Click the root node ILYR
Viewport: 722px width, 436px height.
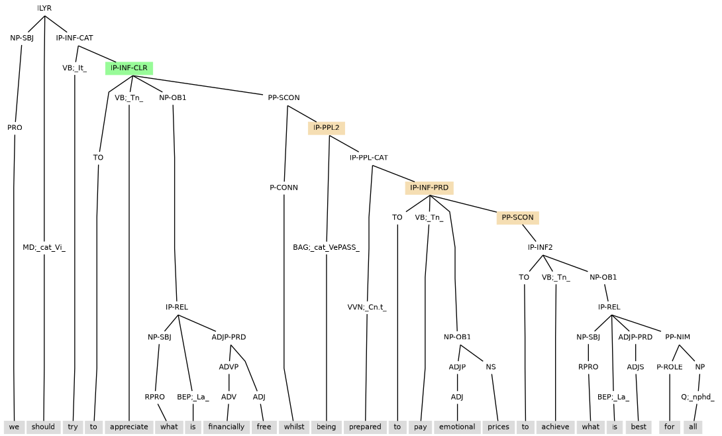tap(44, 8)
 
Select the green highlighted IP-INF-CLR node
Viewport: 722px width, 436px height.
tap(129, 68)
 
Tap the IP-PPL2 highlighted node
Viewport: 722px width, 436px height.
tap(327, 128)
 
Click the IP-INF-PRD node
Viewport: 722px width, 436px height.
tap(429, 188)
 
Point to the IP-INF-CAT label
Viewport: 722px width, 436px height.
tap(74, 38)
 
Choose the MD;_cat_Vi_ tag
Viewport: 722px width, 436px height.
tap(44, 248)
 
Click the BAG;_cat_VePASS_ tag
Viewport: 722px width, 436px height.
tap(326, 248)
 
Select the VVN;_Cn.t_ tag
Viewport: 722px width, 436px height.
tap(367, 307)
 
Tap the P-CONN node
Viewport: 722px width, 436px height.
tap(284, 188)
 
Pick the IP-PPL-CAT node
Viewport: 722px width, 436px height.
tap(369, 158)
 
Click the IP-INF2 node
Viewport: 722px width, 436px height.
tap(540, 248)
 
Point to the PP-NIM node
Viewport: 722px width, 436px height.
tap(678, 337)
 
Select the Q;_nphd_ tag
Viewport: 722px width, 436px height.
tap(698, 397)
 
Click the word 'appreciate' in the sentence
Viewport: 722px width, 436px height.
tap(129, 427)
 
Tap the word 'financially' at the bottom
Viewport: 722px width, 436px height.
tap(227, 427)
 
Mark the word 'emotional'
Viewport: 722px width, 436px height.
tap(458, 427)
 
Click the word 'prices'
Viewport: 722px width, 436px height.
tap(499, 427)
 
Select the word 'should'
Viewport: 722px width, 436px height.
tap(44, 427)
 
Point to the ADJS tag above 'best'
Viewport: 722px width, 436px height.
tap(636, 367)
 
